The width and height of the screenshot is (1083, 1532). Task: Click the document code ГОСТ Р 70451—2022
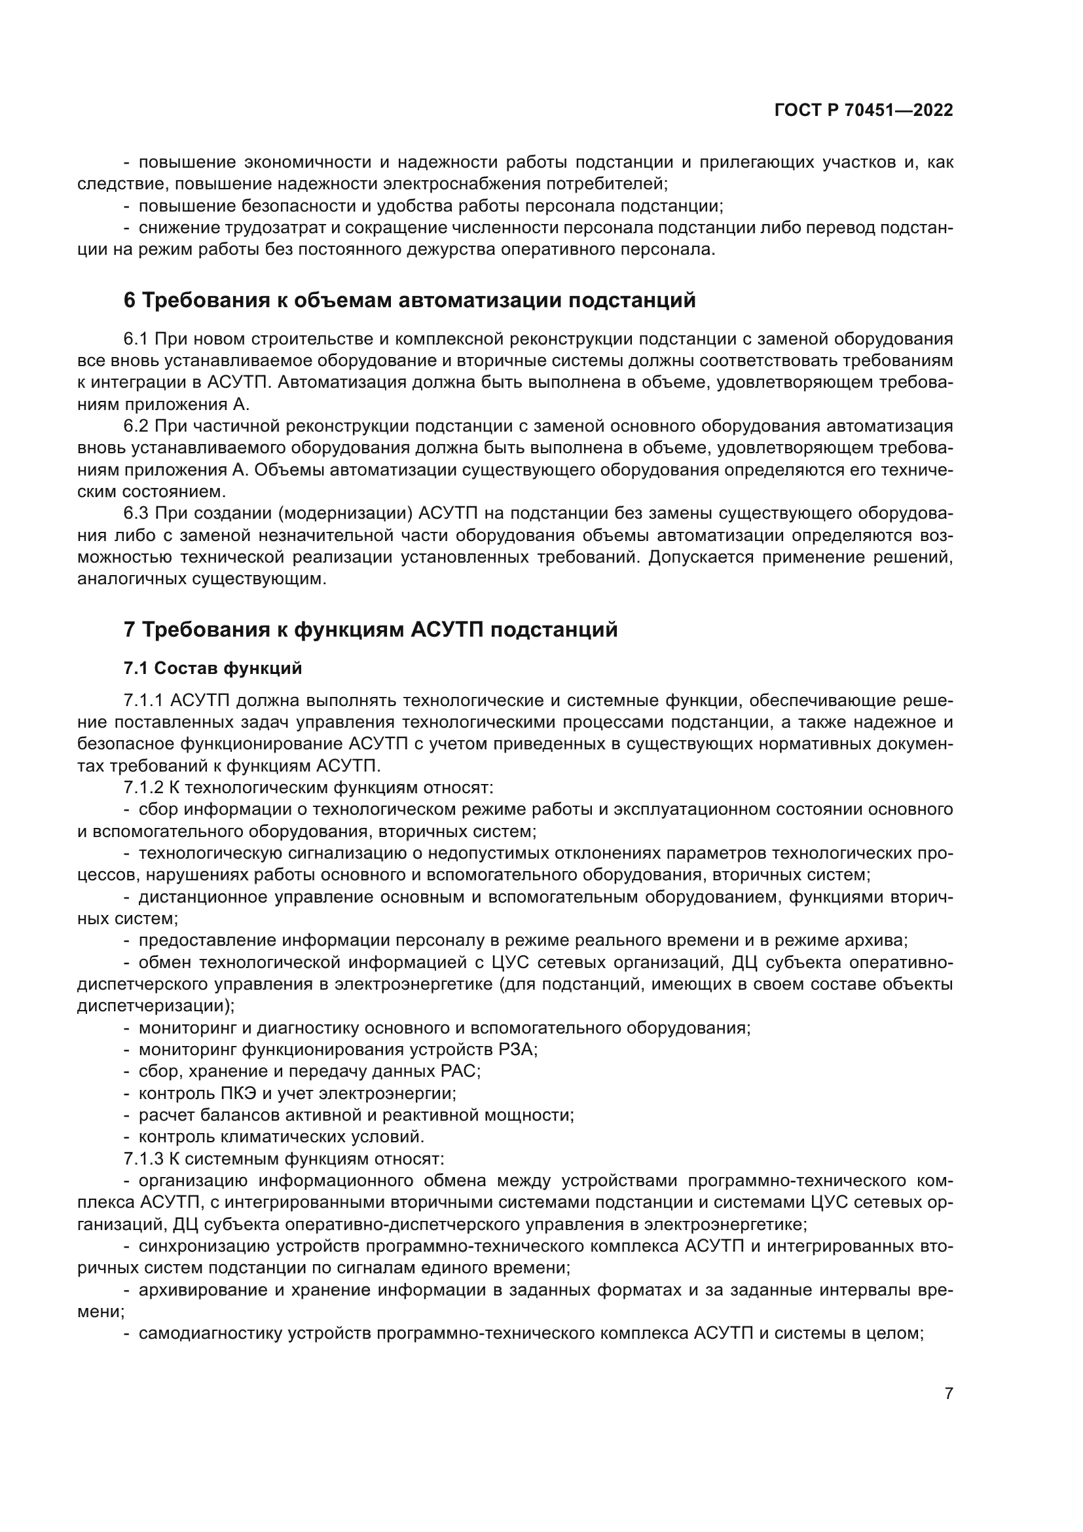click(864, 110)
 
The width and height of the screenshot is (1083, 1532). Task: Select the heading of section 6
click(409, 300)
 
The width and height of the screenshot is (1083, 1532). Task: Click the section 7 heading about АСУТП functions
click(370, 629)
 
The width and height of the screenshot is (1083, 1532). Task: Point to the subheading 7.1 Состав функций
click(212, 669)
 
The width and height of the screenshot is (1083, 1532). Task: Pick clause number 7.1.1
click(143, 701)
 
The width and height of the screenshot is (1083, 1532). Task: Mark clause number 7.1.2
click(143, 788)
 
